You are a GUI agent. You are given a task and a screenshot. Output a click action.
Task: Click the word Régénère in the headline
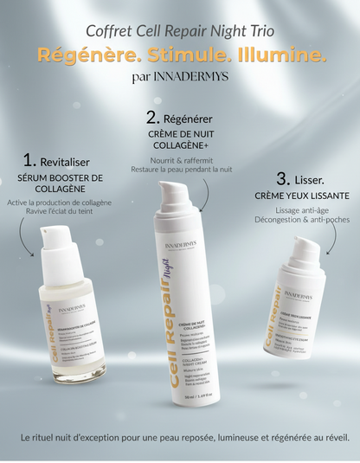click(81, 55)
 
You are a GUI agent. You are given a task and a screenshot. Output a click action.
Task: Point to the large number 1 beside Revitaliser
click(29, 160)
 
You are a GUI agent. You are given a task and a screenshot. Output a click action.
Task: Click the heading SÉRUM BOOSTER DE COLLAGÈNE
click(60, 183)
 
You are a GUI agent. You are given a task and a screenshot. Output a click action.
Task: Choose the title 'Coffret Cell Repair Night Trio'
click(180, 31)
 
